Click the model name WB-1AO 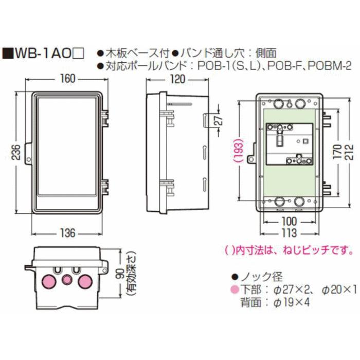click(x=43, y=53)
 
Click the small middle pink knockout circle click(x=66, y=280)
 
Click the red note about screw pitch click(x=283, y=249)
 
